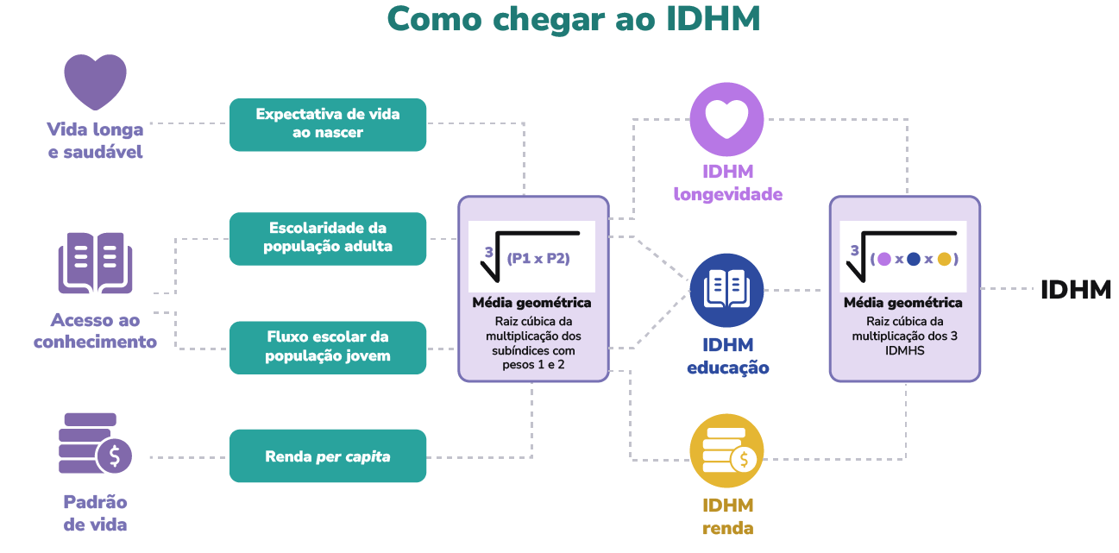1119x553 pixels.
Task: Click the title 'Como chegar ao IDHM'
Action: pyautogui.click(x=573, y=19)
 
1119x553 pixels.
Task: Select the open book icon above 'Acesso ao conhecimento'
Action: pyautogui.click(x=95, y=262)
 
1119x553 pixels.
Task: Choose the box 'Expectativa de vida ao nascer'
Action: pyautogui.click(x=328, y=124)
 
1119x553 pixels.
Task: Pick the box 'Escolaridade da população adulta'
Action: pyautogui.click(x=328, y=238)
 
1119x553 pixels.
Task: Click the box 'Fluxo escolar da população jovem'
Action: pyautogui.click(x=328, y=347)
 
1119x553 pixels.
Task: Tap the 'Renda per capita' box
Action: pyautogui.click(x=328, y=456)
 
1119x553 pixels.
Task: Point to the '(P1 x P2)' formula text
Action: pyautogui.click(x=538, y=258)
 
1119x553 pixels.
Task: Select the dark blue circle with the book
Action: pyautogui.click(x=726, y=290)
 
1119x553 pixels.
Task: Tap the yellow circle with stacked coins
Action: pyautogui.click(x=726, y=451)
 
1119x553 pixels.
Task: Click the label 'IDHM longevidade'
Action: pyautogui.click(x=727, y=182)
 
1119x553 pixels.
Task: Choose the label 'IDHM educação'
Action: pyautogui.click(x=727, y=356)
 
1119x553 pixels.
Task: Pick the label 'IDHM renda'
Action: pyautogui.click(x=727, y=517)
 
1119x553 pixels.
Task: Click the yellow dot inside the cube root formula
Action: pyautogui.click(x=944, y=259)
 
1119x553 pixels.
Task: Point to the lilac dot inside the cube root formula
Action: pyautogui.click(x=883, y=259)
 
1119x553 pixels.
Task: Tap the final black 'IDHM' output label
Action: pyautogui.click(x=1075, y=290)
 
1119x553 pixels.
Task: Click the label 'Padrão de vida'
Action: pyautogui.click(x=95, y=513)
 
